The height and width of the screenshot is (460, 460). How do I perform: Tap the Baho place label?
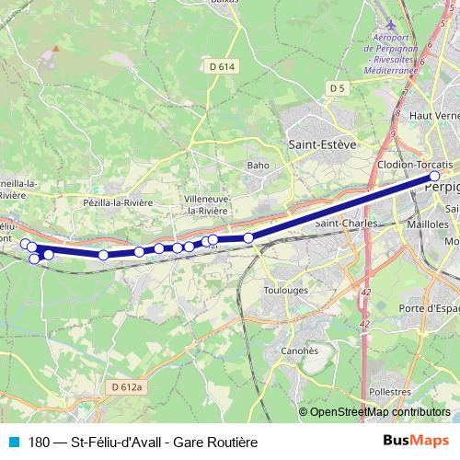[x=258, y=166]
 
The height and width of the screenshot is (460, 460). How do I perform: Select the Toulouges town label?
[x=285, y=289]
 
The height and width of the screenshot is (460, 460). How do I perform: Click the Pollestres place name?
[x=388, y=391]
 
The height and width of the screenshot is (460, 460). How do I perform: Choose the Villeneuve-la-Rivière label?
[x=206, y=204]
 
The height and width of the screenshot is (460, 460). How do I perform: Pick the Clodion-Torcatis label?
[x=415, y=164]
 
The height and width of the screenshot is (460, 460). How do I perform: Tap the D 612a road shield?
[x=129, y=388]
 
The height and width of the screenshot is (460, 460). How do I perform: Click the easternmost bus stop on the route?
[x=435, y=178]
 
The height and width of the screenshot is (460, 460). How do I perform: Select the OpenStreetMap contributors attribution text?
[x=379, y=413]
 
